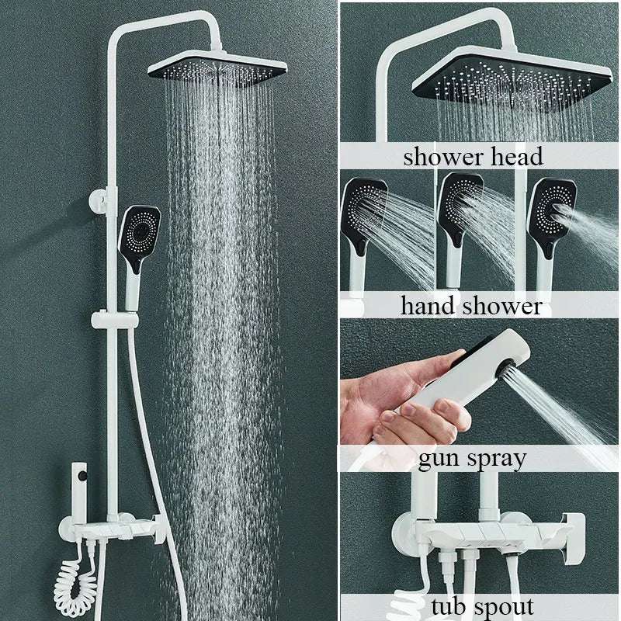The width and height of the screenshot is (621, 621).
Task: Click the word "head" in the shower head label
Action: coord(517,157)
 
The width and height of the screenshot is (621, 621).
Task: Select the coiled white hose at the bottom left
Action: coord(75,586)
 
